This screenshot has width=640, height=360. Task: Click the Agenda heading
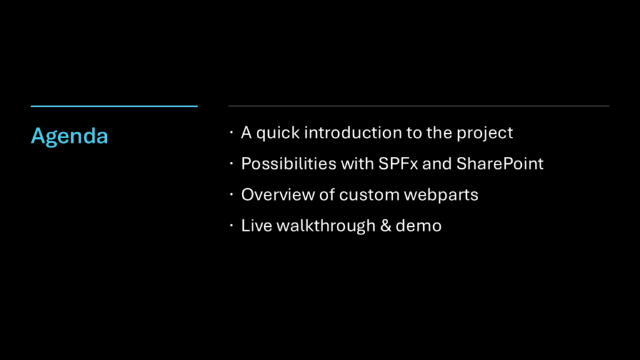point(69,136)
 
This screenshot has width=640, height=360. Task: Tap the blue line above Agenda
point(114,106)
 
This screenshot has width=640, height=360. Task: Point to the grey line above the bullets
point(419,106)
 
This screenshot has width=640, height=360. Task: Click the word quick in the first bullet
point(278,134)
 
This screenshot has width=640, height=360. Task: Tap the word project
point(485,134)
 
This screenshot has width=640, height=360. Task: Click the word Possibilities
point(289,164)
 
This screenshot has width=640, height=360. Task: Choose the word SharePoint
point(500,164)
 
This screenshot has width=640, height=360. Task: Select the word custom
point(369,195)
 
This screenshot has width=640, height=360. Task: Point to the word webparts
point(441,196)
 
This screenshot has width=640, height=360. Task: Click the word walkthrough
point(326,226)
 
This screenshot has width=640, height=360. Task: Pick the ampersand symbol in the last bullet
point(386,226)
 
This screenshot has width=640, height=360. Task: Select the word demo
point(419,226)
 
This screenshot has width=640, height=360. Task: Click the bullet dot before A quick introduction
point(231,132)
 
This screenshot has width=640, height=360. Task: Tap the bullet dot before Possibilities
point(231,163)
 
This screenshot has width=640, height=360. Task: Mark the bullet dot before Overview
point(231,194)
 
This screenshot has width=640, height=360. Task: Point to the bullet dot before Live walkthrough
point(231,225)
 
